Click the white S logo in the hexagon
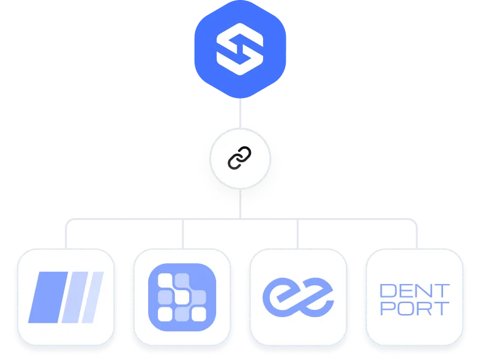[240, 52]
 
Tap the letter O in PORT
[406, 308]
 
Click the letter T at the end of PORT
[442, 308]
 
